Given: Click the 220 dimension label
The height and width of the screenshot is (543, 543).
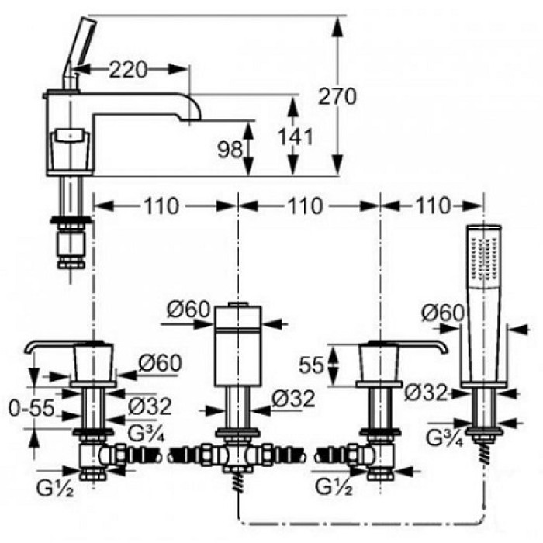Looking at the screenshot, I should click(128, 70).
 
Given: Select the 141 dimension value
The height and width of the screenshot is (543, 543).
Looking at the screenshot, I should click(297, 137).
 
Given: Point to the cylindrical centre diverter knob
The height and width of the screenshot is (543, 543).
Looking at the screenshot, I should click(237, 330).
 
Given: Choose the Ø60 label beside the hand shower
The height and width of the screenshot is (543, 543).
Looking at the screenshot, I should click(442, 312).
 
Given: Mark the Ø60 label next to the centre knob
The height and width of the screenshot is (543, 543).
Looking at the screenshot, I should click(188, 310).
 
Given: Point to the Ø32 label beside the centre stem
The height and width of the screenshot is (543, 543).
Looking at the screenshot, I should click(294, 399).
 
